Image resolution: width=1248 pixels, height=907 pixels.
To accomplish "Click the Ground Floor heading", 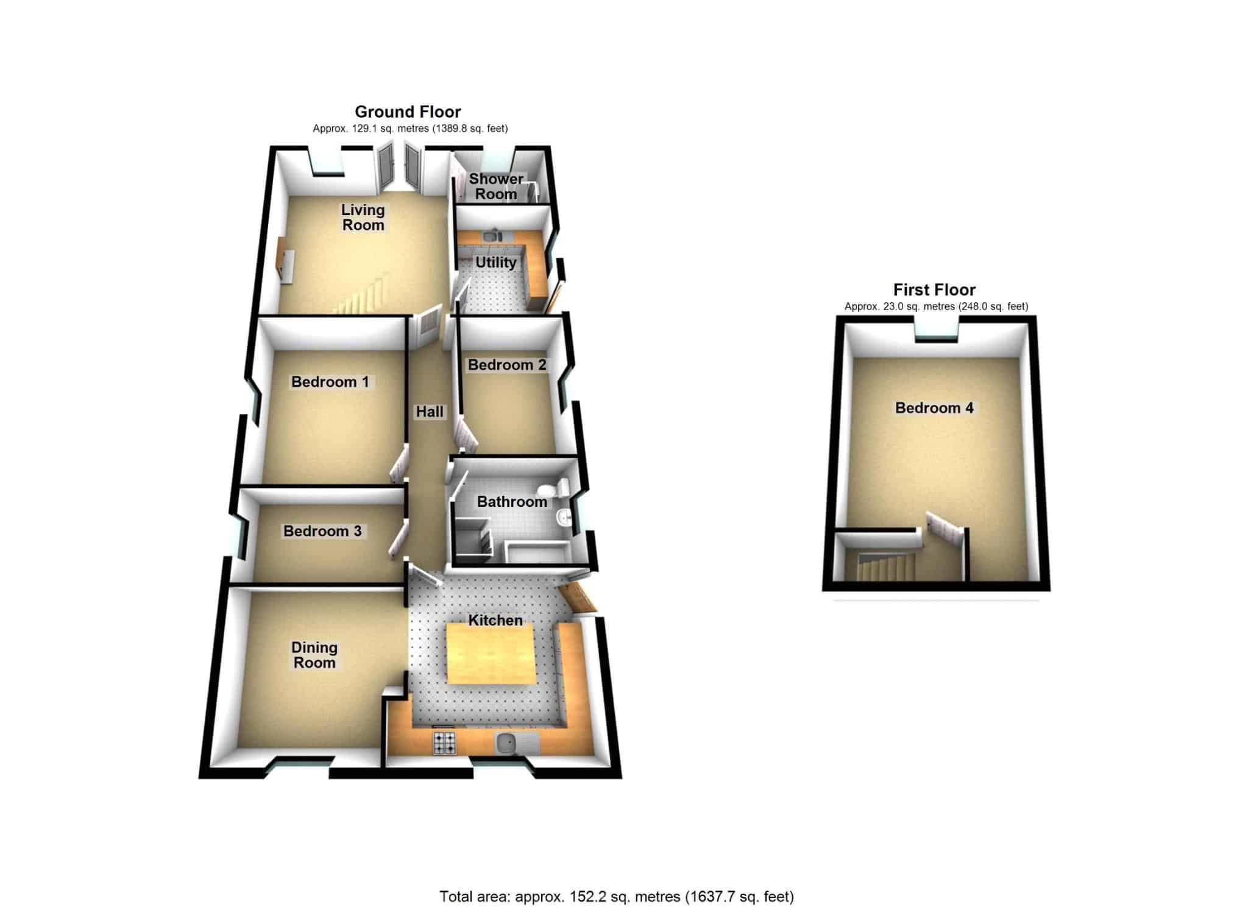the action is pos(408,112).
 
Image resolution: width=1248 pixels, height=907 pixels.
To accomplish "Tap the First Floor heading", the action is pos(934,290).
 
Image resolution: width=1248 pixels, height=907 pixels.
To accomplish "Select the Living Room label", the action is pos(363,217).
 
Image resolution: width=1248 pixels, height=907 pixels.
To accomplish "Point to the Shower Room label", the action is pos(496,186).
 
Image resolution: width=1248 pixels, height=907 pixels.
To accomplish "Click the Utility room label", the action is pos(495,263).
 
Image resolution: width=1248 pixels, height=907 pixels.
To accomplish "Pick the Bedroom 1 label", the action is pos(330,382).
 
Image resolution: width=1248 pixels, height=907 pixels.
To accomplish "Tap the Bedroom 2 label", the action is pos(507,365).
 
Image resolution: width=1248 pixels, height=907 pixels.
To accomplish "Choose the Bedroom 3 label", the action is pos(322,531).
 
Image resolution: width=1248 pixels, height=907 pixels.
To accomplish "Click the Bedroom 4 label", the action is pos(934,408).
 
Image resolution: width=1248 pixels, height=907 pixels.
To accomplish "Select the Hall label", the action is pos(430,412).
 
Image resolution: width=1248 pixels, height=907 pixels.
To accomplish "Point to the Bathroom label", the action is pos(512,502).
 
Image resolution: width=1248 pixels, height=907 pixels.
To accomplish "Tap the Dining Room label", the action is pos(314,655).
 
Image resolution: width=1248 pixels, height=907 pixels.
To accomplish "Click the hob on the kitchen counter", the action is pos(445,743).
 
